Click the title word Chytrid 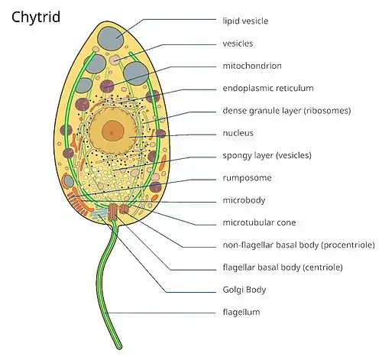click(x=36, y=18)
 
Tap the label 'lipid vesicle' click(x=245, y=21)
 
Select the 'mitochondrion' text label click(x=252, y=66)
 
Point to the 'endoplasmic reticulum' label click(x=268, y=88)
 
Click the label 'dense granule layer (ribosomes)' click(x=286, y=111)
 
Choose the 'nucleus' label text click(x=238, y=133)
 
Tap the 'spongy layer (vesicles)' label click(x=267, y=155)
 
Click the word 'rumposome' click(x=247, y=178)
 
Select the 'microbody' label click(x=244, y=200)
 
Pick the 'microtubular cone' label click(x=259, y=222)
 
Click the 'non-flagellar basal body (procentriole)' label click(x=299, y=245)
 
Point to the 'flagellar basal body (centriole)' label click(x=283, y=268)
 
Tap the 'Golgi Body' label click(x=244, y=290)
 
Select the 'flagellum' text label click(x=241, y=312)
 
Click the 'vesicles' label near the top click(x=238, y=44)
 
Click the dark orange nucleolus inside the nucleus click(x=113, y=131)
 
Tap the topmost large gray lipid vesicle click(x=111, y=38)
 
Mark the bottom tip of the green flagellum click(x=119, y=347)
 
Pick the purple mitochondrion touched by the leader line click(x=107, y=86)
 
